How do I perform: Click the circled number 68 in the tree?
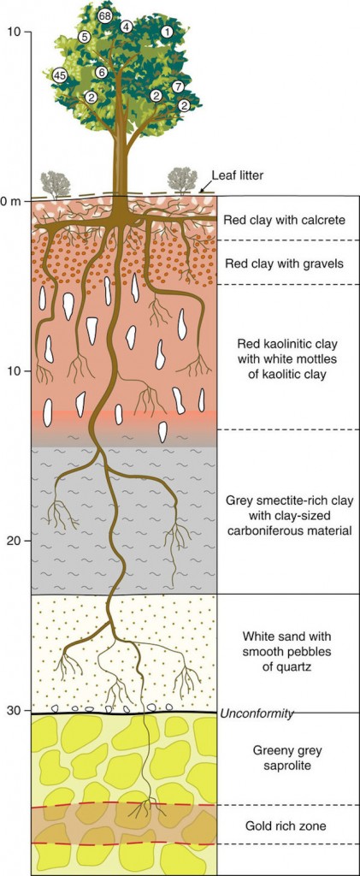coord(104,16)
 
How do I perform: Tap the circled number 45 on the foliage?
coord(59,75)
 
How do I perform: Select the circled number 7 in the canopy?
coord(178,86)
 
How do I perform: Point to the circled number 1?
coord(166,33)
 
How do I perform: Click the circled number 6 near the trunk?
coord(100,72)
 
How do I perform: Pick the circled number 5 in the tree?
coord(85,38)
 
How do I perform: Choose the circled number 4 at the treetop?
coord(127,27)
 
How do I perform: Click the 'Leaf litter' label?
coord(237,175)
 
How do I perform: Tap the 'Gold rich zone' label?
coord(279,825)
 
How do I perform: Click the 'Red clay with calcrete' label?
coord(283,220)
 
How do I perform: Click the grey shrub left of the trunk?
coord(56,185)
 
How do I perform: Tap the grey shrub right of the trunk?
coord(182,180)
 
